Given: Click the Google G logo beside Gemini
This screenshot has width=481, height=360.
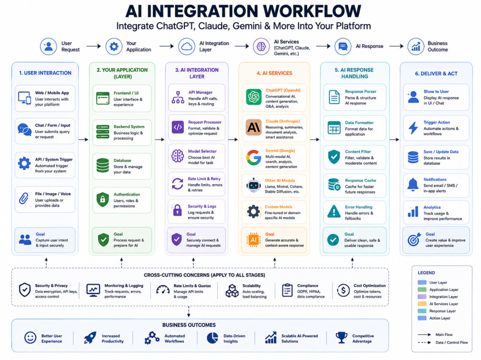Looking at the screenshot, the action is coord(253,158).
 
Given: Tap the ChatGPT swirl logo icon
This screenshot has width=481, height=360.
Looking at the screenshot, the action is coord(253,97).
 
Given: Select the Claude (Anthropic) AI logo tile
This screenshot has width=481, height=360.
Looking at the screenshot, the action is coord(253,127).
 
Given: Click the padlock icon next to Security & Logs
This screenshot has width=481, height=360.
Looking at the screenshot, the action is coord(177,211).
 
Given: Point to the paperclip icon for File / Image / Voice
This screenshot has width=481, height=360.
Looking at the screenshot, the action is coord(24,199).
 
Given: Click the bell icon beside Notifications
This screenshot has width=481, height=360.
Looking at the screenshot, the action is coord(413,184).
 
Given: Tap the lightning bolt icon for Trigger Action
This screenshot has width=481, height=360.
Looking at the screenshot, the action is coord(413,128).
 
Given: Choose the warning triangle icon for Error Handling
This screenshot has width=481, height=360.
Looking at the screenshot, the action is coord(334,211).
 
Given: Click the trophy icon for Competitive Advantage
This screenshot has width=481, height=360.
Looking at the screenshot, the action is coord(341,337).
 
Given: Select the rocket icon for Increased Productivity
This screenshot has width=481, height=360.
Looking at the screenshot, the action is coord(90,337).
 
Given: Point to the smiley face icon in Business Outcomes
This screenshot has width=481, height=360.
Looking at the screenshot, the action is coord(30,337).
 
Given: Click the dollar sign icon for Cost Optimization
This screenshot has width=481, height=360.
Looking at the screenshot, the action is coord(343,290).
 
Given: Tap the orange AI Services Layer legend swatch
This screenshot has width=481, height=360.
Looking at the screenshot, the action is coord(422,304).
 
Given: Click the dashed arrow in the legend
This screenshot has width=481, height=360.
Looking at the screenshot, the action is coord(424,343).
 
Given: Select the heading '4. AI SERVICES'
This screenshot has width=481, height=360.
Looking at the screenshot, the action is coord(274,73).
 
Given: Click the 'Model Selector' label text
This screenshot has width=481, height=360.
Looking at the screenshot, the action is coord(202,151).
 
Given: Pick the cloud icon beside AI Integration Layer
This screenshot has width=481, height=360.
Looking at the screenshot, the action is coord(187,47).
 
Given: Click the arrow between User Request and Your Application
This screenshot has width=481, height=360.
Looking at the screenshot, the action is coord(94,46).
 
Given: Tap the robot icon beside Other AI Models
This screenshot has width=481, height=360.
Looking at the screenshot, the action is coord(253,185).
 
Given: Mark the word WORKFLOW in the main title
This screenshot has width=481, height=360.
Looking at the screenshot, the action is coord(312,12).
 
